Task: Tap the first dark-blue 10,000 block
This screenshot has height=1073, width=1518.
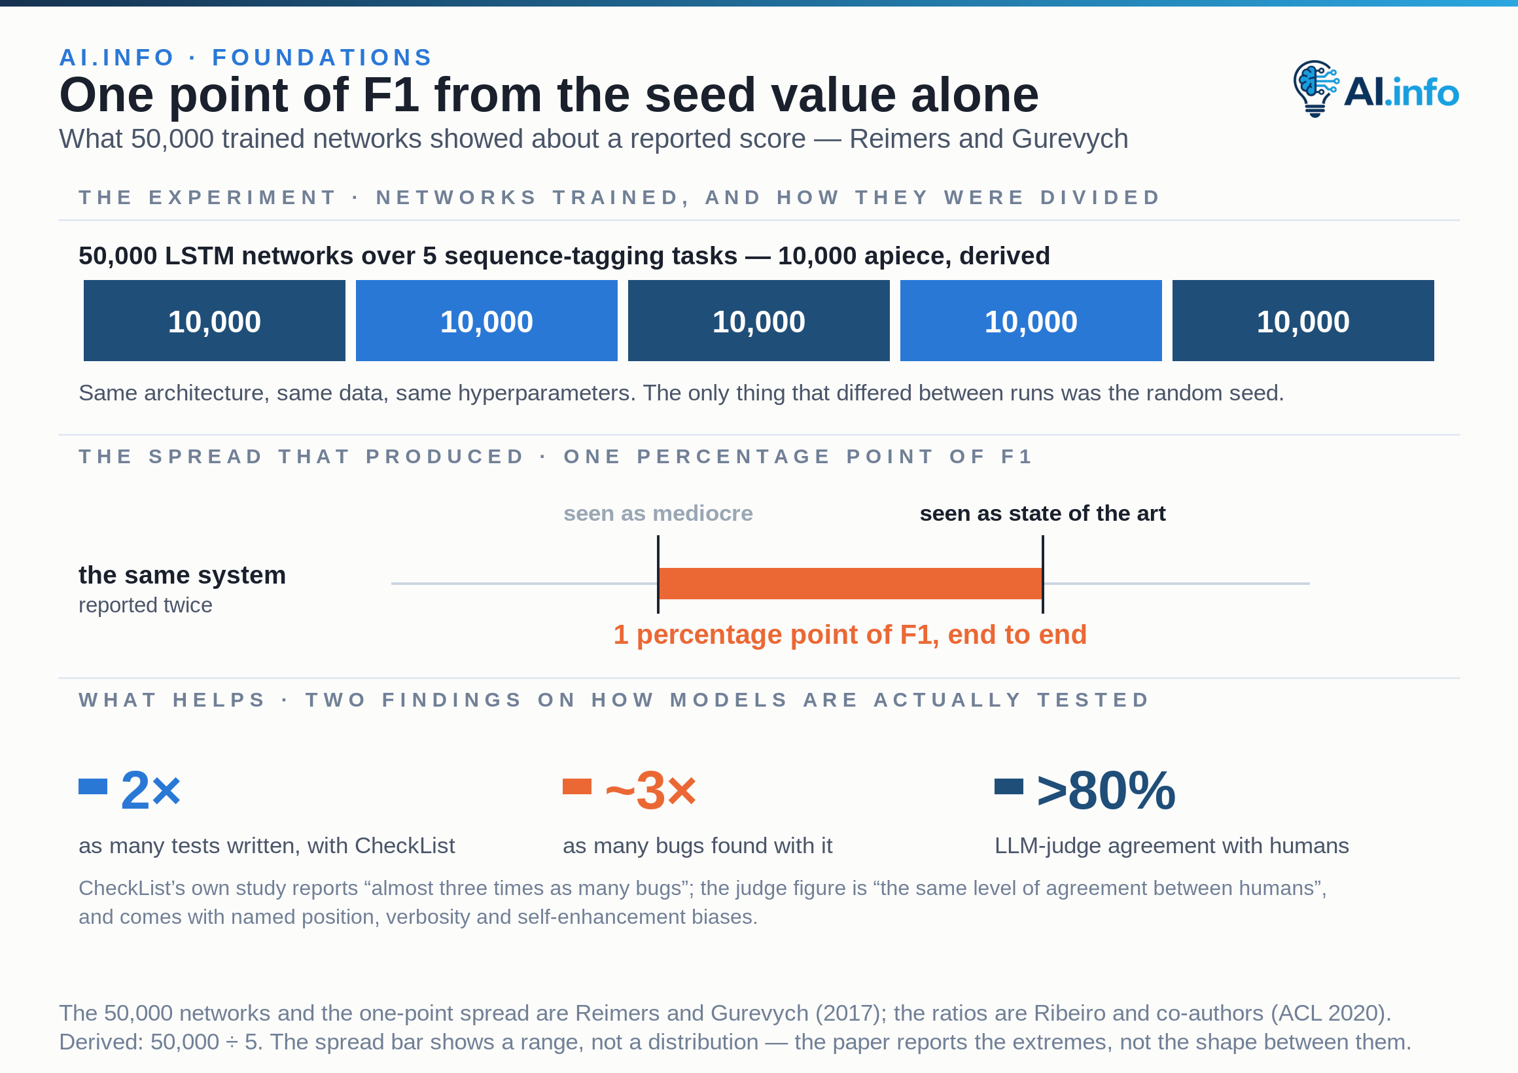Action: pyautogui.click(x=214, y=321)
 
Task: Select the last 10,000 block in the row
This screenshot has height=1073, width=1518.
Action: pyautogui.click(x=1303, y=321)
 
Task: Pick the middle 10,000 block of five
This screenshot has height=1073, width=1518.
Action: pyautogui.click(x=758, y=321)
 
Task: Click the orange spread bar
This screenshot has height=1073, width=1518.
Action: pyautogui.click(x=850, y=583)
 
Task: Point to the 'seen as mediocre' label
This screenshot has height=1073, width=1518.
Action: pyautogui.click(x=658, y=513)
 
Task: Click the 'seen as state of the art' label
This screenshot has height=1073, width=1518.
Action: pyautogui.click(x=1042, y=513)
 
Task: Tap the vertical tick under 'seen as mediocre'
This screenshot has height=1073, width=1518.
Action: pyautogui.click(x=658, y=574)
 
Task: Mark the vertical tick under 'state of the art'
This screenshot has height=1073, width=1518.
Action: pyautogui.click(x=1042, y=574)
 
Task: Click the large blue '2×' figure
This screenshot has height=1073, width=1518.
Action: pyautogui.click(x=150, y=791)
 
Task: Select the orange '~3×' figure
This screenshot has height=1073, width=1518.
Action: pyautogui.click(x=650, y=791)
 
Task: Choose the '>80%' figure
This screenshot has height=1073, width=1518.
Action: pyautogui.click(x=1106, y=791)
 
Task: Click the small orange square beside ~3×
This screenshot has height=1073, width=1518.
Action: pyautogui.click(x=576, y=786)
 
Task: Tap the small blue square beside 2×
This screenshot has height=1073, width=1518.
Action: pyautogui.click(x=92, y=786)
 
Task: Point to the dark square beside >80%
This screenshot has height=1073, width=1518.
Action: pyautogui.click(x=1009, y=786)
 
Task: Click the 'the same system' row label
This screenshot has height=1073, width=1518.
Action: pyautogui.click(x=182, y=575)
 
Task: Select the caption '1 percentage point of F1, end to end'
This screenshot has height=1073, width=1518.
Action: pyautogui.click(x=850, y=635)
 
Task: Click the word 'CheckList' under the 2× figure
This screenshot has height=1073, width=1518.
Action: pyautogui.click(x=404, y=845)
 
